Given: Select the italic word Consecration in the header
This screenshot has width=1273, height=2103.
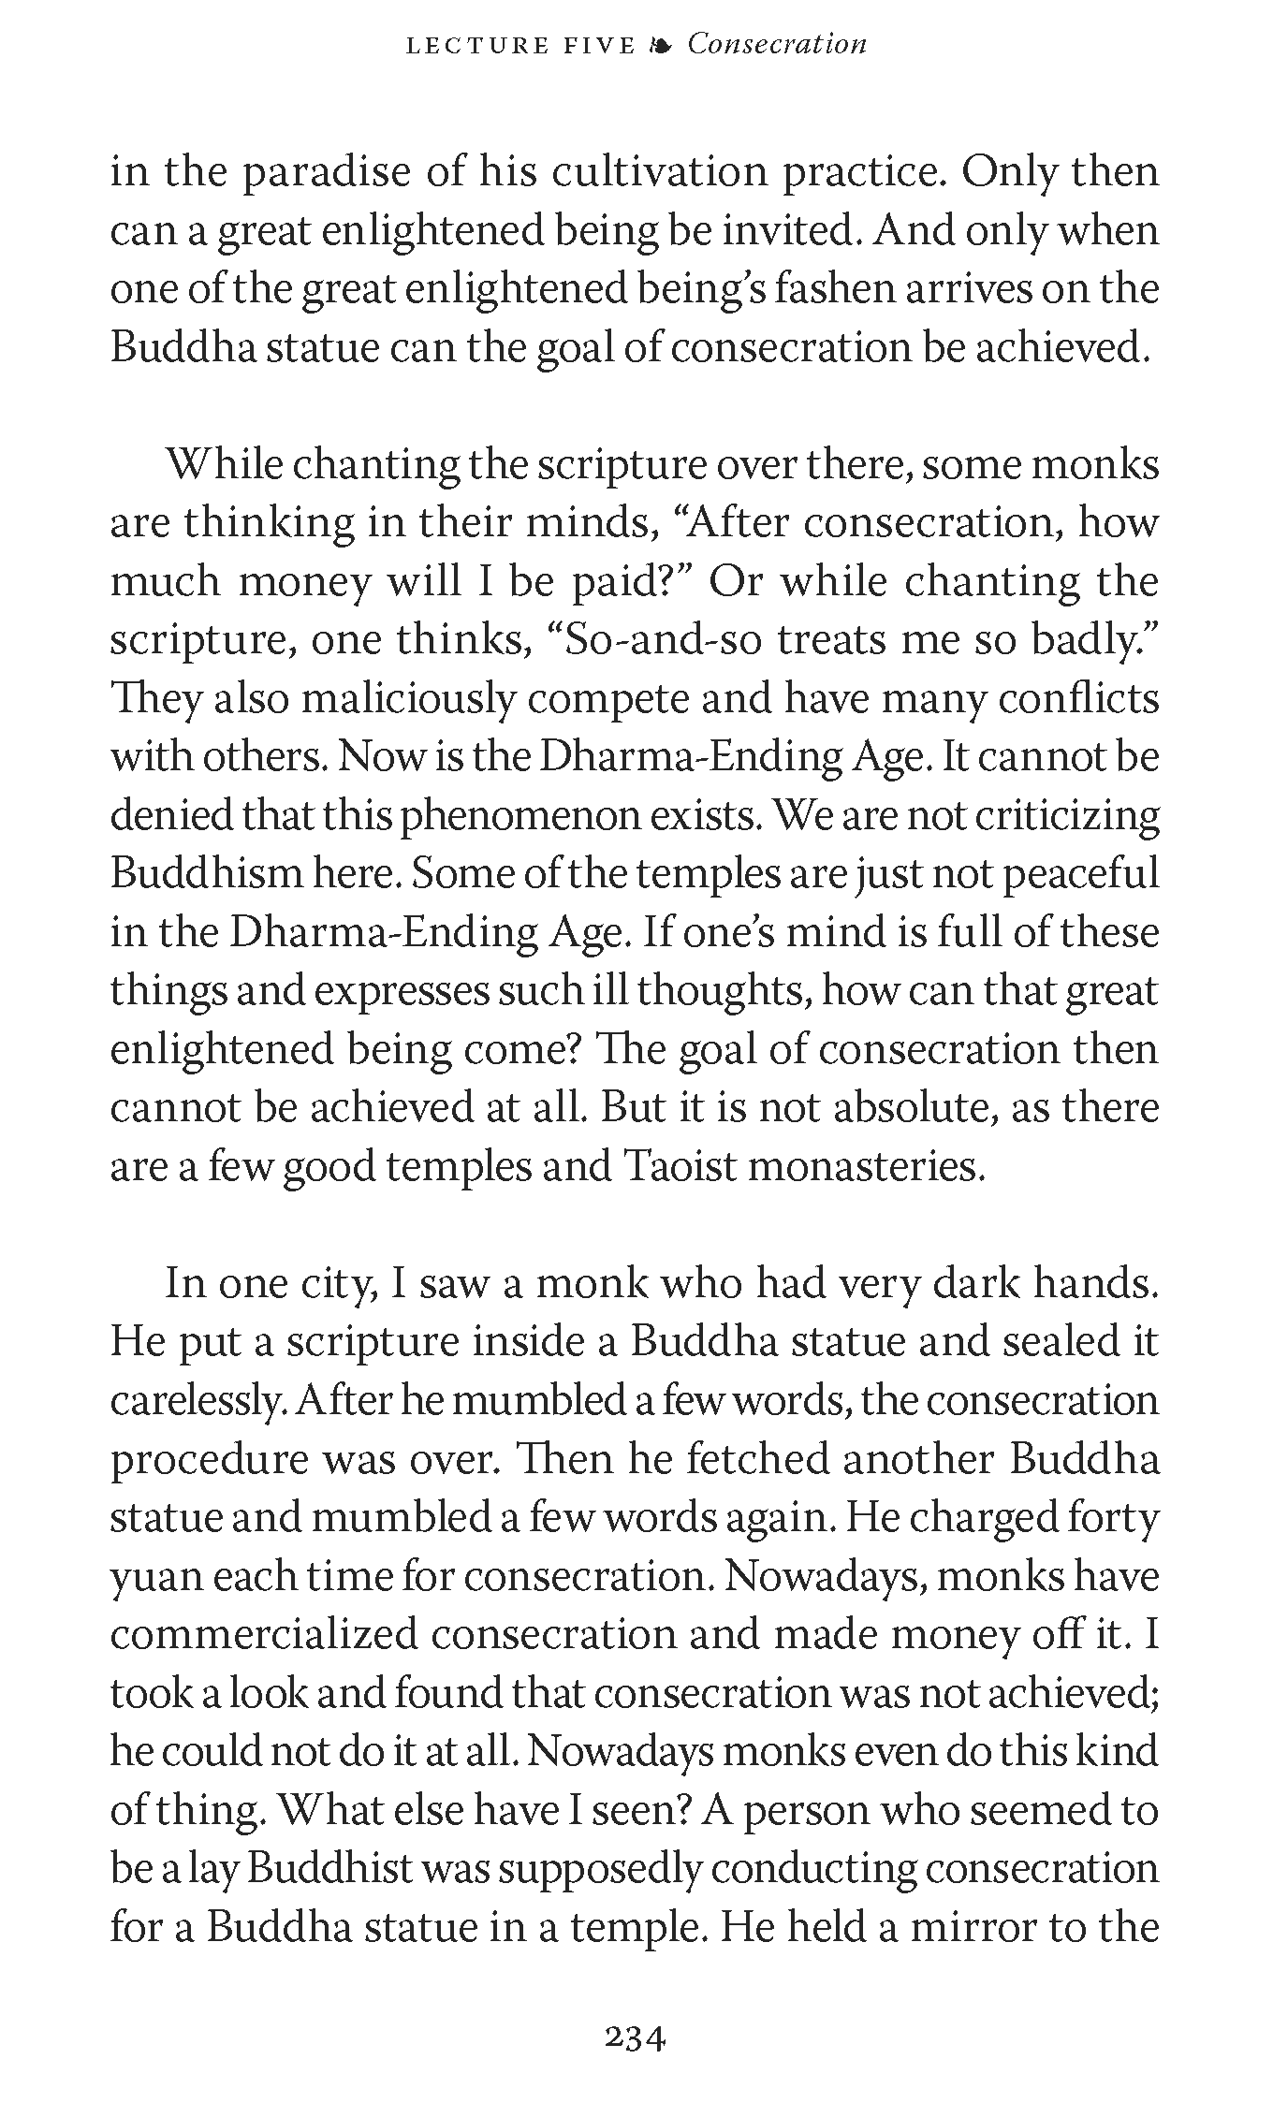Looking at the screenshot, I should (777, 44).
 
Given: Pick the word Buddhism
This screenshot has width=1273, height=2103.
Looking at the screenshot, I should (206, 874).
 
